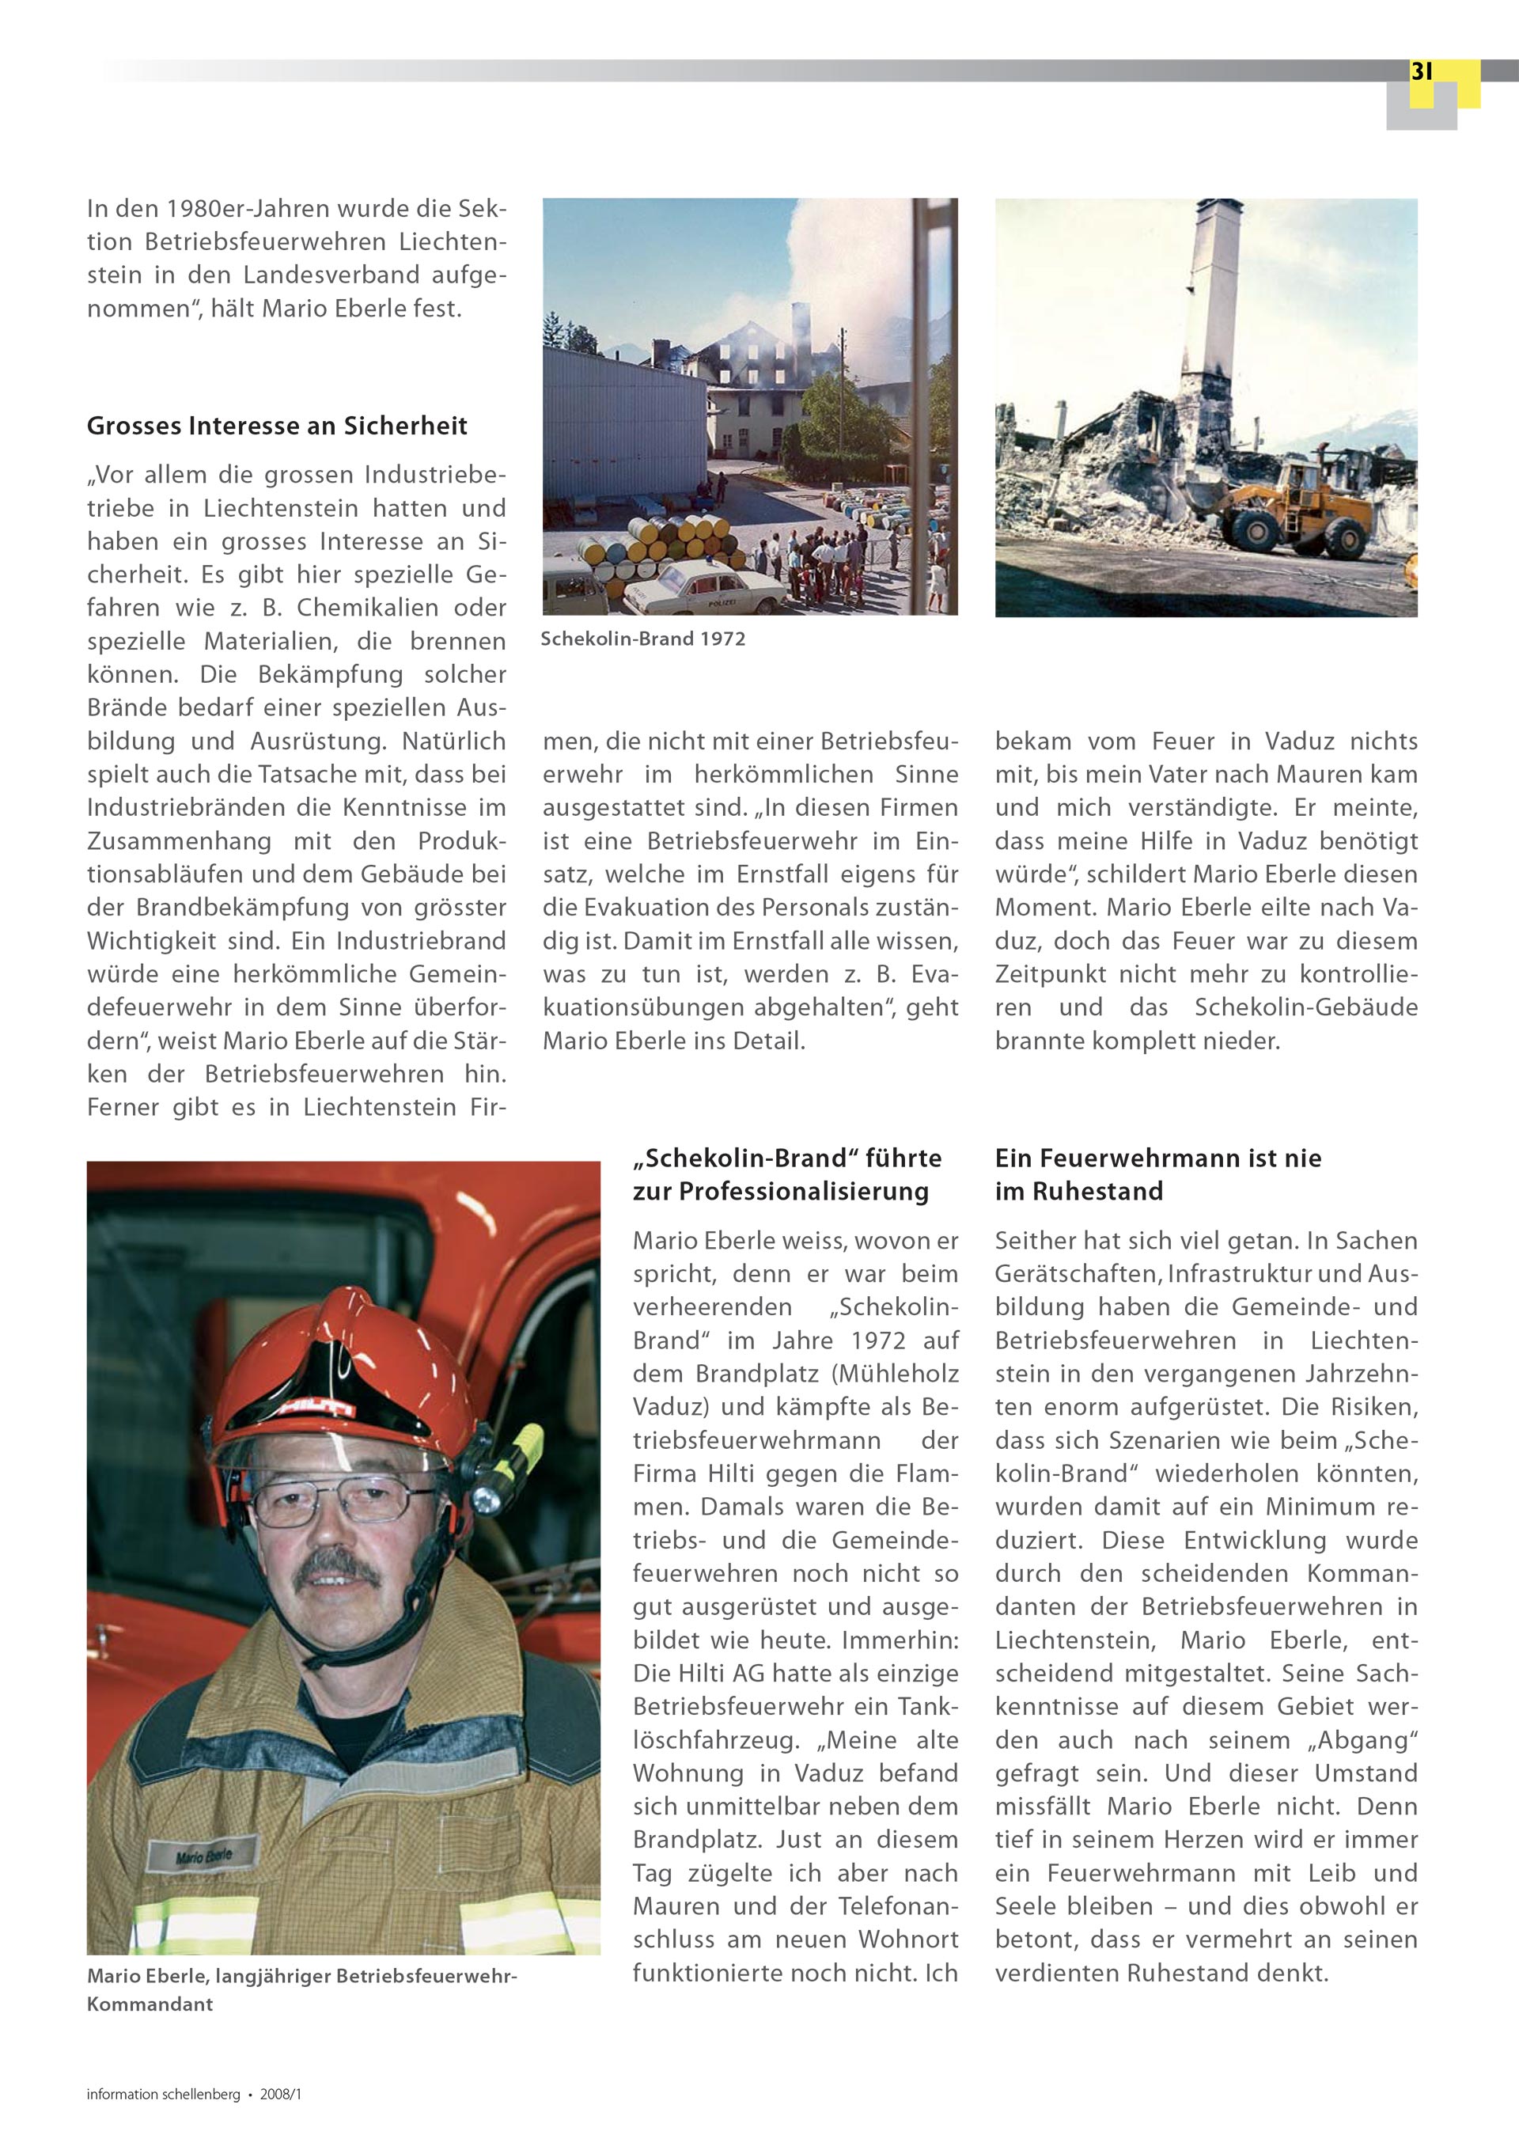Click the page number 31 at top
coord(1421,71)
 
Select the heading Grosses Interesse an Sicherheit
coord(276,426)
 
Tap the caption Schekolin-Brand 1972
coord(642,639)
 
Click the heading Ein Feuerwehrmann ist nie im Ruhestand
coord(1157,1174)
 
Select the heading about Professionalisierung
coord(786,1174)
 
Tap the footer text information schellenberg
coord(163,2094)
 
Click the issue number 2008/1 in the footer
coord(281,2094)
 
